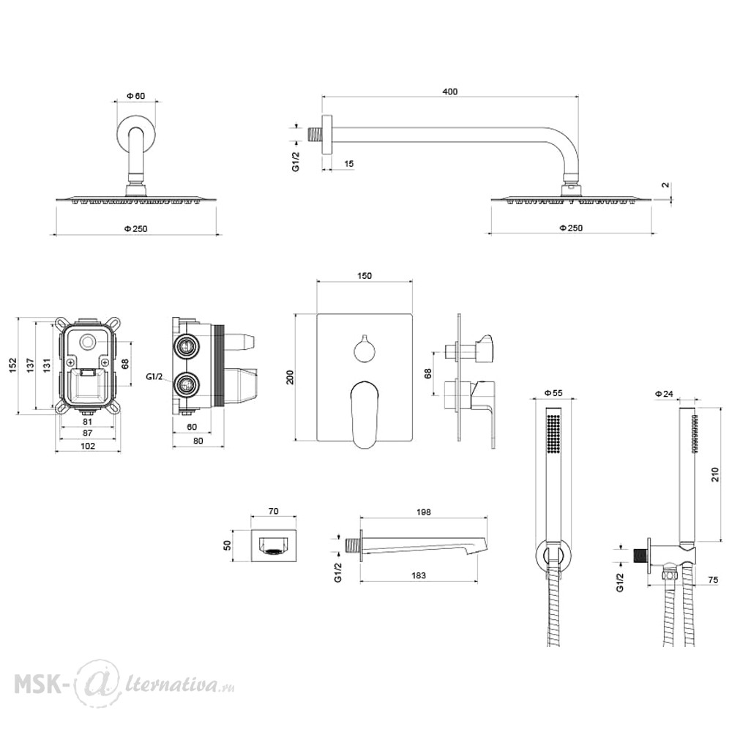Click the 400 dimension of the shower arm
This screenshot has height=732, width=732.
point(449,91)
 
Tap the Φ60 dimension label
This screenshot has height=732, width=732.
point(136,96)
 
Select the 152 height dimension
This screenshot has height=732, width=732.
point(12,365)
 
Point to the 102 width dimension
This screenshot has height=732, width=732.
point(88,446)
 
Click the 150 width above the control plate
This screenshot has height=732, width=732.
point(364,275)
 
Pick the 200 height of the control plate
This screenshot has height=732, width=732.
point(290,377)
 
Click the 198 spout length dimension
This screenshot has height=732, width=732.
point(423,512)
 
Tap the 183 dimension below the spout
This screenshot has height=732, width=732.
point(418,575)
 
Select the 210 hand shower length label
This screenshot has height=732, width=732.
point(714,474)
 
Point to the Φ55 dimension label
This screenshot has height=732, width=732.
point(553,393)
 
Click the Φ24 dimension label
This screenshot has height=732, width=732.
point(665,394)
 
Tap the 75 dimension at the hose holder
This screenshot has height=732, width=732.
point(713,580)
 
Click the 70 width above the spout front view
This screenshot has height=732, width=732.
point(274,511)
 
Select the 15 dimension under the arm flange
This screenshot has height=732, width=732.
point(348,163)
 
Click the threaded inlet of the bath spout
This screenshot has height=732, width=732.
point(353,546)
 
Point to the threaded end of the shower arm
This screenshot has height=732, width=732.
point(315,133)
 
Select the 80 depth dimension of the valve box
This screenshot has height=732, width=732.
point(198,441)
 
